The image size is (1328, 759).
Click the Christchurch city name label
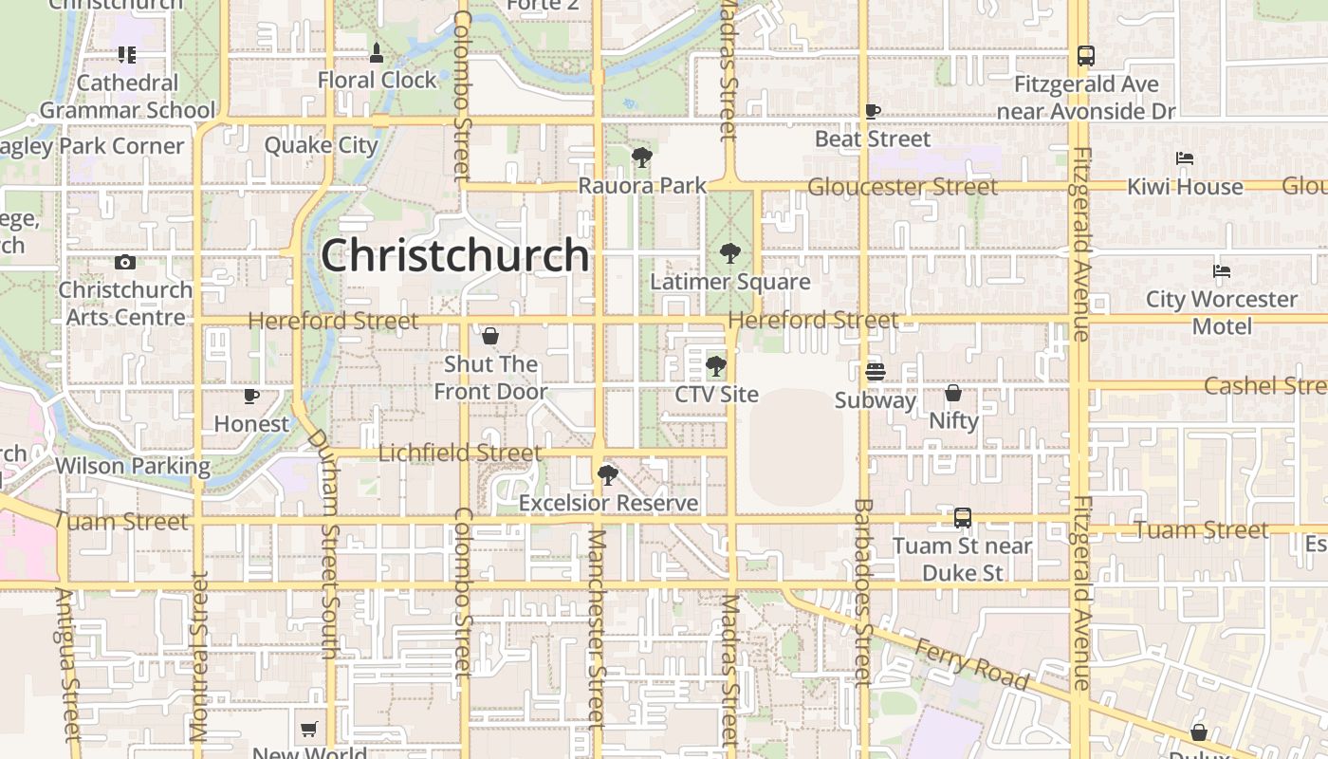pos(455,255)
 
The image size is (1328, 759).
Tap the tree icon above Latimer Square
pos(729,253)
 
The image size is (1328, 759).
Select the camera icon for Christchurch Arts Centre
pos(125,263)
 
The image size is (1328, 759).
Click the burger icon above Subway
pos(875,371)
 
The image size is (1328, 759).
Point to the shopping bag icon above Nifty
pos(953,393)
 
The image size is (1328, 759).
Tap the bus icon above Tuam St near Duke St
pos(963,518)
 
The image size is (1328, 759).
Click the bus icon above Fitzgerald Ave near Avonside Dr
pos(1086,56)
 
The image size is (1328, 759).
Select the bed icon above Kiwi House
pos(1184,158)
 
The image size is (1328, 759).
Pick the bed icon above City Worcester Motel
pos(1222,271)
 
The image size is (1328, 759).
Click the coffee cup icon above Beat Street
pos(873,111)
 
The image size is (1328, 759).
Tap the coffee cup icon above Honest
pos(251,396)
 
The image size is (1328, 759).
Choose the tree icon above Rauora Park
pos(642,157)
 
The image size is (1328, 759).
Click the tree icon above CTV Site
pos(716,365)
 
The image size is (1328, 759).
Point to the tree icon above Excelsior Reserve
pos(608,474)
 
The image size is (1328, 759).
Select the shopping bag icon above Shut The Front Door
pos(490,336)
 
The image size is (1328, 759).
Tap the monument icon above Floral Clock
pos(377,52)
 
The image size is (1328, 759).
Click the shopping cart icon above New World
pos(308,730)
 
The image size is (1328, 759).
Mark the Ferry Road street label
pos(971,664)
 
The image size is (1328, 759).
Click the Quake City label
pos(321,145)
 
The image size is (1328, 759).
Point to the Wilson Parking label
pos(133,466)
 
